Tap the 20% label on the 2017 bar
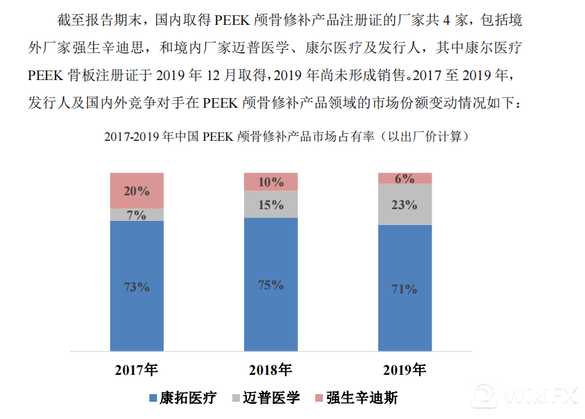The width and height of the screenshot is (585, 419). click(x=137, y=191)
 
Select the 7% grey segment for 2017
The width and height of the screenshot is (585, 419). click(x=137, y=215)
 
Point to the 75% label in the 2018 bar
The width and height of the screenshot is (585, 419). click(x=271, y=285)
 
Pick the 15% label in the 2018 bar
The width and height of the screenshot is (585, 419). click(x=271, y=204)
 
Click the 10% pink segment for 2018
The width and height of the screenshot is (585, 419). click(x=271, y=182)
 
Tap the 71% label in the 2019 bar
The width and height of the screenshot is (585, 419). click(x=405, y=289)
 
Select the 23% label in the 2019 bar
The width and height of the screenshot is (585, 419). click(x=405, y=204)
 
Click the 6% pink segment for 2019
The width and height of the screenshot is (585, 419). click(x=405, y=179)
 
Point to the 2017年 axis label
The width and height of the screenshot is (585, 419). click(x=136, y=370)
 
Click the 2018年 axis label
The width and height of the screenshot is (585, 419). click(x=270, y=370)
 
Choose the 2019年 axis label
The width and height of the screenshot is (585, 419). click(x=405, y=370)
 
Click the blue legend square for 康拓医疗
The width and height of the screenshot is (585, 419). click(x=154, y=398)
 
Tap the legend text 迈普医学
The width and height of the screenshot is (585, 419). click(x=272, y=398)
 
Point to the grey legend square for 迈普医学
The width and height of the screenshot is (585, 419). click(x=236, y=398)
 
